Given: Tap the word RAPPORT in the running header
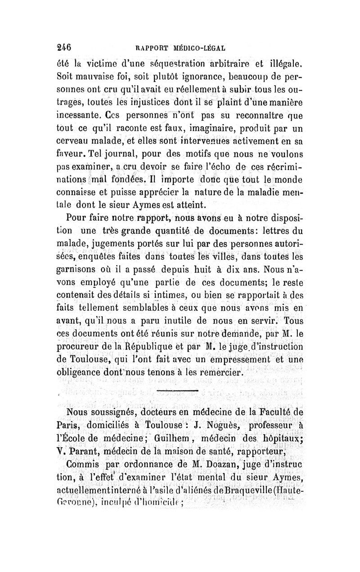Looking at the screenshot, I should pyautogui.click(x=149, y=47).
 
